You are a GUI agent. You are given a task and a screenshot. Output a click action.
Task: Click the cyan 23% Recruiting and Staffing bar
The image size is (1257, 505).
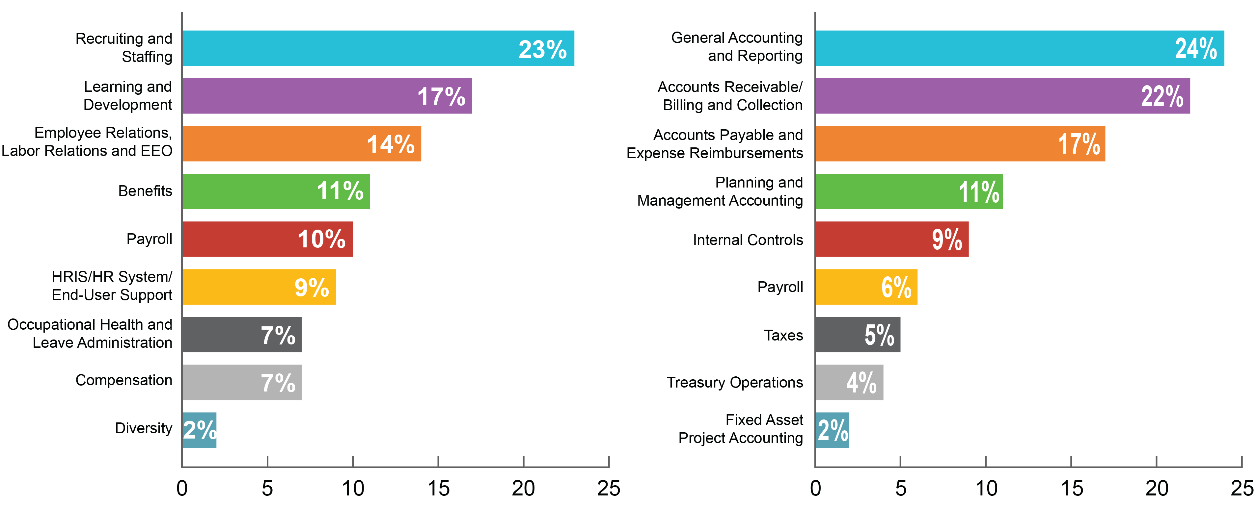[x=378, y=48]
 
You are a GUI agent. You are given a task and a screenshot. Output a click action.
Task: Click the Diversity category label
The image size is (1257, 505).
[x=144, y=428]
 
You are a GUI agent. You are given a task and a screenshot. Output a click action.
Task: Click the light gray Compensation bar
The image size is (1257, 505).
[x=241, y=382]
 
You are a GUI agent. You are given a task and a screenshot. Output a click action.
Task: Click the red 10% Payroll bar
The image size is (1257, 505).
[x=267, y=239]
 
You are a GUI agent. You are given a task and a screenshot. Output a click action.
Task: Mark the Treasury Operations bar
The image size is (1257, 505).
[x=849, y=382]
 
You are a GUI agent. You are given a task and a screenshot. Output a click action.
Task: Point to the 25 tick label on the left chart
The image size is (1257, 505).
[x=609, y=489]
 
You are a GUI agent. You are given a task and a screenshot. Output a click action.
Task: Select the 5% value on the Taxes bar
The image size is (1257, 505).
[x=879, y=335]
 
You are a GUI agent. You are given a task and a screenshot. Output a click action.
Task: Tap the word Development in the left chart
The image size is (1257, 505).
[x=127, y=105]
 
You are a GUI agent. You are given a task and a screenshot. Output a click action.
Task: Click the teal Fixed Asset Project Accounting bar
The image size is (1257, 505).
[x=832, y=430]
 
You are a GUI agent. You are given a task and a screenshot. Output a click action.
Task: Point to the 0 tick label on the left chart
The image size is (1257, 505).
[x=182, y=489]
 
